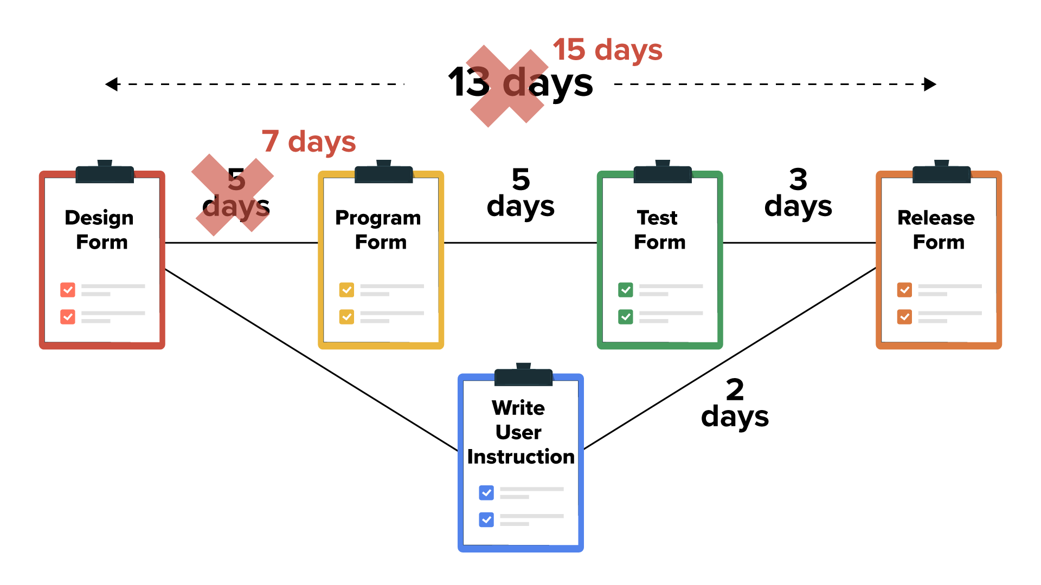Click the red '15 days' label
(607, 50)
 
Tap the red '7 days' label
(309, 141)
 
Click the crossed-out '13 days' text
(520, 83)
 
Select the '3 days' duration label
(798, 193)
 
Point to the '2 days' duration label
(735, 403)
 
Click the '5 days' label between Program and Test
(520, 193)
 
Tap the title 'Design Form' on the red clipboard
(100, 230)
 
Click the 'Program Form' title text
(379, 230)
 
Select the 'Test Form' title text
(659, 230)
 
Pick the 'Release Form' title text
(937, 230)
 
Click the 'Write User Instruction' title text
(520, 432)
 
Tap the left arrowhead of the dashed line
(112, 84)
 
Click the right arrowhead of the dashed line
(930, 84)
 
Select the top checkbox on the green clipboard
(625, 290)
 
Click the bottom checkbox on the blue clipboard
(486, 519)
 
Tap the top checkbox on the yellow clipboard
(346, 290)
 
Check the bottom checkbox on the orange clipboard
(904, 316)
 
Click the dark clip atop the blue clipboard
(523, 376)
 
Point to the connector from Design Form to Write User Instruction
(312, 360)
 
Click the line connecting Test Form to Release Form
(799, 243)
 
